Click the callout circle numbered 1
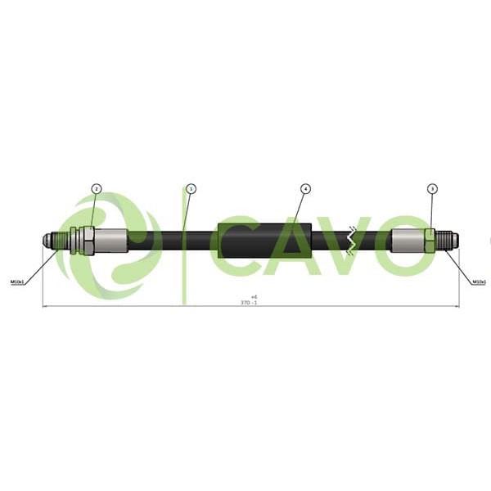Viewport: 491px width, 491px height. point(191,189)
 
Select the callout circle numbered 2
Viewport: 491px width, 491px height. point(96,189)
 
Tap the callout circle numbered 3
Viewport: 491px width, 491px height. point(432,189)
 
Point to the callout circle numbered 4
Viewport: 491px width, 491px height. point(304,189)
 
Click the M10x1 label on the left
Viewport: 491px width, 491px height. point(18,282)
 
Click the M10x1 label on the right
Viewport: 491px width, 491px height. point(479,282)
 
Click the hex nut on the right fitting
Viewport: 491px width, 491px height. point(429,239)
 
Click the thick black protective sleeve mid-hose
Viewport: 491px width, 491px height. point(264,240)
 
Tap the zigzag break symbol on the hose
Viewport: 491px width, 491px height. point(352,240)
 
